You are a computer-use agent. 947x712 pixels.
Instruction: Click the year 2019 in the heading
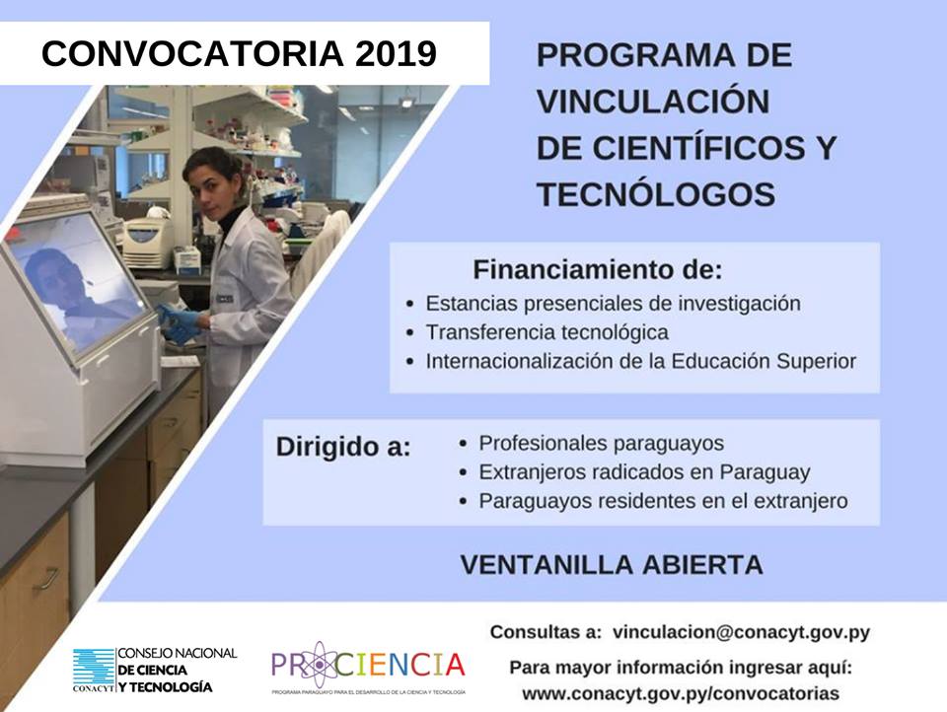pos(396,54)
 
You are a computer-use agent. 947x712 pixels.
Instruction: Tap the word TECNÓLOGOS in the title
pos(656,194)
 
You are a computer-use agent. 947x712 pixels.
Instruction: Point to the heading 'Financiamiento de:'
pos(598,270)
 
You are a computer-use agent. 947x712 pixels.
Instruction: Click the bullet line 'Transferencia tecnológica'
pos(546,332)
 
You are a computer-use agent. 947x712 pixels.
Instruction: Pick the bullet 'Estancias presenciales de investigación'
pos(613,303)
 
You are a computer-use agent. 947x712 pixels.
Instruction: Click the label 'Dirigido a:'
pos(343,448)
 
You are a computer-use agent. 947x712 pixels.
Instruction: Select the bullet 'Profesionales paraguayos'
pos(601,443)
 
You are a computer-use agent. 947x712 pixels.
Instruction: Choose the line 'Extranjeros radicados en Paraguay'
pos(644,471)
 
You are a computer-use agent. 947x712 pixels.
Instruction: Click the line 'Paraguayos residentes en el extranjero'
pos(663,501)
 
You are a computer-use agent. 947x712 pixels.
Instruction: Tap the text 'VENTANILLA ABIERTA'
pos(612,565)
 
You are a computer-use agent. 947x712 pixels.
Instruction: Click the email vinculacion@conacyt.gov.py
pos(741,632)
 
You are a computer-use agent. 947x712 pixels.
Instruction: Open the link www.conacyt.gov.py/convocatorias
pos(681,693)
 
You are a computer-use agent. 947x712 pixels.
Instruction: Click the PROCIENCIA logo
pos(368,666)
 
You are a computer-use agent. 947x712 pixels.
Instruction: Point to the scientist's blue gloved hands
pos(180,323)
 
